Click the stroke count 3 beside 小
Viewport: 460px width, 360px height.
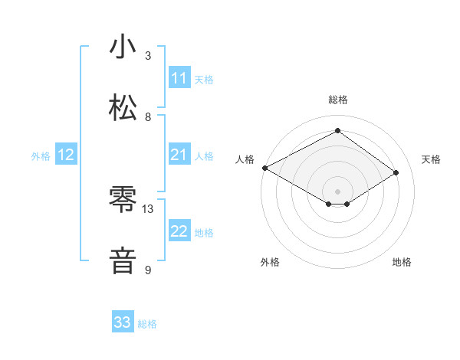pyautogui.click(x=148, y=55)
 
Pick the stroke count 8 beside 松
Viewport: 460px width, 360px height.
pyautogui.click(x=148, y=116)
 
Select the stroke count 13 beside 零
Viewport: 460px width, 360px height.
pyautogui.click(x=148, y=208)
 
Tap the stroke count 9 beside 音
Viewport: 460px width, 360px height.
pyautogui.click(x=148, y=270)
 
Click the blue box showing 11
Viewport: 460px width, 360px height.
pyautogui.click(x=179, y=78)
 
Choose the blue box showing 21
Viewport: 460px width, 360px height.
pyautogui.click(x=179, y=155)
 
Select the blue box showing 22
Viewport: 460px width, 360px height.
pyautogui.click(x=179, y=231)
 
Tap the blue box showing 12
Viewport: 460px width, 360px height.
pyautogui.click(x=66, y=155)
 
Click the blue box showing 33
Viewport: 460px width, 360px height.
pyautogui.click(x=123, y=322)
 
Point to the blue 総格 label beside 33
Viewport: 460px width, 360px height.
pyautogui.click(x=147, y=324)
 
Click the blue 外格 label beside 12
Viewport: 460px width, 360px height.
pyautogui.click(x=41, y=156)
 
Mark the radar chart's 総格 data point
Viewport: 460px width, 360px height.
pyautogui.click(x=337, y=131)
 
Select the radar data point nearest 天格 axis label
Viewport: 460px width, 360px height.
pyautogui.click(x=396, y=173)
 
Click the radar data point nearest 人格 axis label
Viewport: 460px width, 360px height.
pyautogui.click(x=264, y=167)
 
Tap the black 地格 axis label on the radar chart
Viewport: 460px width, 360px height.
pyautogui.click(x=402, y=263)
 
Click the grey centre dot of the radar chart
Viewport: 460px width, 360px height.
pyautogui.click(x=337, y=191)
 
